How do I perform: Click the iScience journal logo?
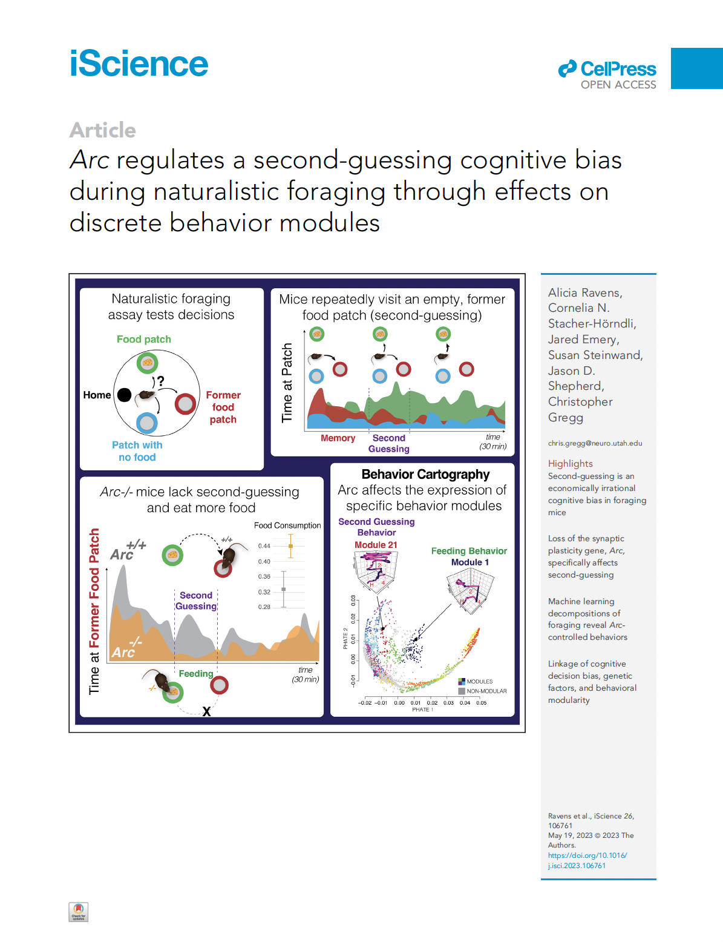(139, 64)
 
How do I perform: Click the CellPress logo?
(607, 75)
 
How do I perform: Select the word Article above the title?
(103, 130)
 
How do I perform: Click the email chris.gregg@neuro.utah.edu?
(595, 443)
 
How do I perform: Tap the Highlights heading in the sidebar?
(570, 464)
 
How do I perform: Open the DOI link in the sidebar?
(587, 860)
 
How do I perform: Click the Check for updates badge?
(79, 912)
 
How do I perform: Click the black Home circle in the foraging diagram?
(124, 395)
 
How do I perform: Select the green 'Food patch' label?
(144, 340)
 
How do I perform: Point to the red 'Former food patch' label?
(223, 407)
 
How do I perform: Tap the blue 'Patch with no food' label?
(137, 451)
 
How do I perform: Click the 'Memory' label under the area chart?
(338, 438)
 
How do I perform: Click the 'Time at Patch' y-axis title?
(287, 383)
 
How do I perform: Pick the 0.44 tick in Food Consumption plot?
(264, 546)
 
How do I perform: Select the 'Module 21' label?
(376, 545)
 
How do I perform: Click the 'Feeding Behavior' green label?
(469, 551)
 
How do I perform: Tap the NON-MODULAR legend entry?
(486, 691)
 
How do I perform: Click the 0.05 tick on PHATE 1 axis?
(481, 703)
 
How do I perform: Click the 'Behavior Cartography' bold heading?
(425, 475)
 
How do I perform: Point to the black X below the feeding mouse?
(206, 711)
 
